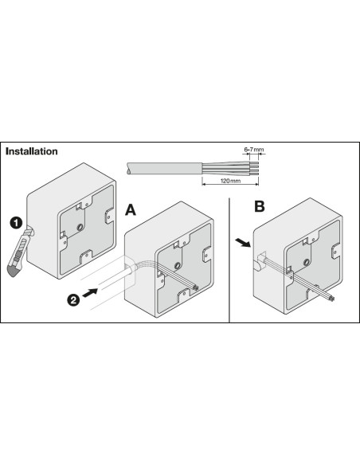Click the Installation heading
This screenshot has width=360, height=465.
click(x=31, y=151)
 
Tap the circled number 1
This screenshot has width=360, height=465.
click(x=16, y=222)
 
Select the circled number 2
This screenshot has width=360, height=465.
click(x=73, y=300)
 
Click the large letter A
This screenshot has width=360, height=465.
click(x=131, y=209)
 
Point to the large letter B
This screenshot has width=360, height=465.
click(x=260, y=206)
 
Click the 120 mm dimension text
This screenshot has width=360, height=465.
click(x=230, y=181)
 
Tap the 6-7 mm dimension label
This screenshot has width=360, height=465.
click(x=254, y=150)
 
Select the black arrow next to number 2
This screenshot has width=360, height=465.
click(x=90, y=292)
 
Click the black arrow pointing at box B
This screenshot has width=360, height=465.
click(x=243, y=242)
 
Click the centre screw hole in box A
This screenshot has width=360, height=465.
click(x=178, y=265)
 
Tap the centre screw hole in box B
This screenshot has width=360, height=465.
click(x=307, y=262)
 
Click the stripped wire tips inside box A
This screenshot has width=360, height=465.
click(x=195, y=287)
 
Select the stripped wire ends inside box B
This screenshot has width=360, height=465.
click(x=331, y=299)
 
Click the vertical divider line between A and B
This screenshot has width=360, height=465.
click(x=229, y=260)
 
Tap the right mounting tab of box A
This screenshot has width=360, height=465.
click(x=207, y=255)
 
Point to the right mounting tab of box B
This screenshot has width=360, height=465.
click(x=335, y=251)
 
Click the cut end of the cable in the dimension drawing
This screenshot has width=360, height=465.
click(x=127, y=168)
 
